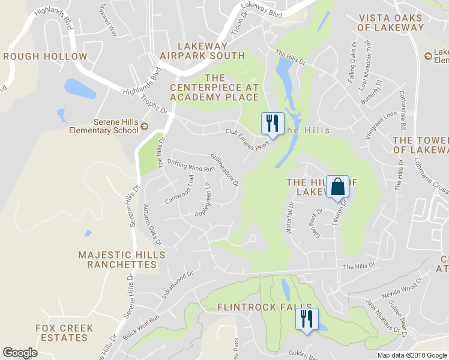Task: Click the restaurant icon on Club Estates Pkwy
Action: coord(272,124)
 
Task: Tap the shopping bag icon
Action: coord(337,187)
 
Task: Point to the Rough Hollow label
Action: coord(45,56)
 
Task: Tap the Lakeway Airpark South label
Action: coord(202,51)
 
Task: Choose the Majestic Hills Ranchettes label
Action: coord(117,260)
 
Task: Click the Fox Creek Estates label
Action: coord(64,332)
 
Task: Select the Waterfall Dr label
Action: coord(291,218)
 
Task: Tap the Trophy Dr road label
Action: coord(154,100)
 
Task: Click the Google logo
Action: coord(20,353)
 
